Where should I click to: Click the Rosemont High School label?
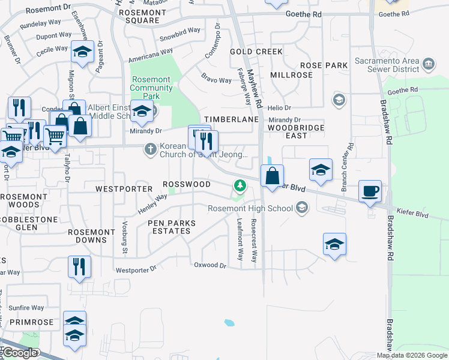click(x=250, y=208)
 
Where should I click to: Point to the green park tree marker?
click(x=240, y=186)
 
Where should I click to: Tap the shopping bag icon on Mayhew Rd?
click(x=272, y=177)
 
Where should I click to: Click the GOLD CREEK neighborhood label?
click(x=256, y=52)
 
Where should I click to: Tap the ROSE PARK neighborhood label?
click(x=324, y=65)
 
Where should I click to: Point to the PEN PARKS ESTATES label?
click(x=172, y=227)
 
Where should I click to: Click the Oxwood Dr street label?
click(x=210, y=265)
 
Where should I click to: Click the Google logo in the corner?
click(x=20, y=353)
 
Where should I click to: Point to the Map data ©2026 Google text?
click(x=412, y=355)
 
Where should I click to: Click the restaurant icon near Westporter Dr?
click(x=79, y=267)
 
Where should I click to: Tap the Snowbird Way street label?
click(x=179, y=31)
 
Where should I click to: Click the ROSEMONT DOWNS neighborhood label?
click(x=91, y=236)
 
